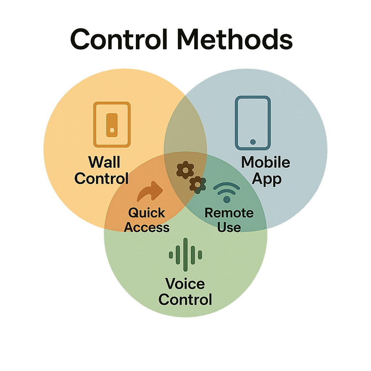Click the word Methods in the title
[x=236, y=39]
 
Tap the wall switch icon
[x=112, y=125]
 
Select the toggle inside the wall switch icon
[x=112, y=125]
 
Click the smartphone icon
[x=253, y=122]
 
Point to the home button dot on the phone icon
[x=253, y=142]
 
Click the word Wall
[x=104, y=162]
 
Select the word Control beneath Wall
[x=102, y=178]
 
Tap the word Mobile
[x=266, y=162]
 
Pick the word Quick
[x=147, y=213]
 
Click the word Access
[x=147, y=227]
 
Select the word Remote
[x=229, y=213]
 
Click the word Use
[x=229, y=227]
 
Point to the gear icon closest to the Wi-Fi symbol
[x=197, y=184]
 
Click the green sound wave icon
[x=185, y=255]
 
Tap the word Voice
[x=185, y=284]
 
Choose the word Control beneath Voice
[x=185, y=300]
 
